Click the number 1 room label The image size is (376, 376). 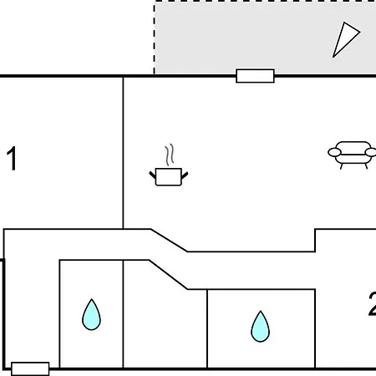[x=12, y=158]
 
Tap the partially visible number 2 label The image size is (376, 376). [x=373, y=303]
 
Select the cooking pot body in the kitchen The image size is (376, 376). [x=169, y=177]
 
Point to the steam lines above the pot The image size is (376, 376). [x=170, y=155]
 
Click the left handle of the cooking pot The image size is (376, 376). [x=153, y=175]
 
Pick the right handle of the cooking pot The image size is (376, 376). [x=185, y=175]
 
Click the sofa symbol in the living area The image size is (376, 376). [x=353, y=155]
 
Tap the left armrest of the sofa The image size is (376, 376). [x=334, y=152]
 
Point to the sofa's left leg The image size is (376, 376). [x=342, y=166]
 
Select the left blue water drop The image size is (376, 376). [x=91, y=315]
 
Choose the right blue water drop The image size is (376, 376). [x=260, y=327]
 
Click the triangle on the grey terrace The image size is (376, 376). [x=346, y=39]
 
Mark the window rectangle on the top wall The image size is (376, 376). [x=255, y=76]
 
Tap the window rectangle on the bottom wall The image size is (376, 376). [x=30, y=369]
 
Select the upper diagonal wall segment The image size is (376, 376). [x=169, y=241]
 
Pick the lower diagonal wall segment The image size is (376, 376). [x=168, y=275]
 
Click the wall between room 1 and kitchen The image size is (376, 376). [x=123, y=153]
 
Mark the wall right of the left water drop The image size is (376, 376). [x=123, y=314]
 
